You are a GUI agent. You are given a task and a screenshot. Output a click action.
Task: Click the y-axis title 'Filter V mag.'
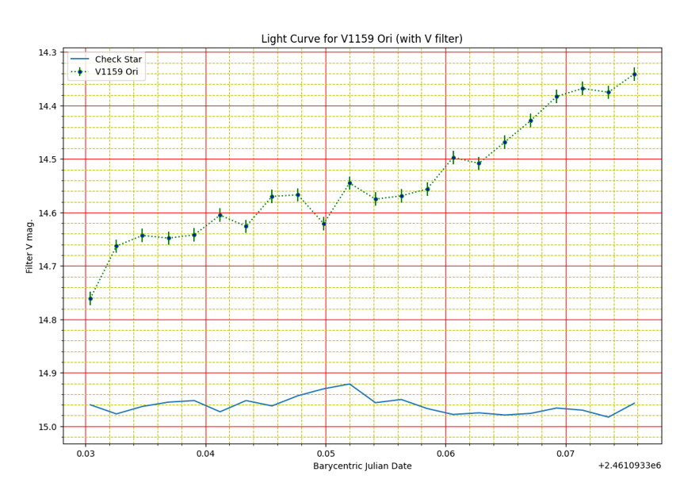click(x=30, y=247)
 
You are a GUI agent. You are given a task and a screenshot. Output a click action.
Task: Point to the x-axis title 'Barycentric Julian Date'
click(x=362, y=466)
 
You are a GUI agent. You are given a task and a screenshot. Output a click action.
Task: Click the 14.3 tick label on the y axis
click(x=46, y=52)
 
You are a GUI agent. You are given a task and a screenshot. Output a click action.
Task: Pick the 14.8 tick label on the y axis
click(x=46, y=320)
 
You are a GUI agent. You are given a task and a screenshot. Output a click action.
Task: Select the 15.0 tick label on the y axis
click(x=46, y=427)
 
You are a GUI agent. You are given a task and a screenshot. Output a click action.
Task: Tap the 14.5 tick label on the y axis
click(x=46, y=159)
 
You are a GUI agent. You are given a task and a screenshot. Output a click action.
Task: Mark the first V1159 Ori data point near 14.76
click(x=90, y=298)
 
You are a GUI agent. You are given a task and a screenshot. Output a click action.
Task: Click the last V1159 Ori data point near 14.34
click(x=634, y=74)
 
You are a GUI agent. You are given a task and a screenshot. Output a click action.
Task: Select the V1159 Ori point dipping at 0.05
click(x=323, y=223)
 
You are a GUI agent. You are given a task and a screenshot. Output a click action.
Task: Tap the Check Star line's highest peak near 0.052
click(x=350, y=384)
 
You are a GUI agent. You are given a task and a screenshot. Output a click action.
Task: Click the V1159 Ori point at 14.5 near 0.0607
click(x=453, y=157)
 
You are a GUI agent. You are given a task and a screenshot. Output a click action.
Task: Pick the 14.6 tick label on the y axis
click(x=46, y=213)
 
